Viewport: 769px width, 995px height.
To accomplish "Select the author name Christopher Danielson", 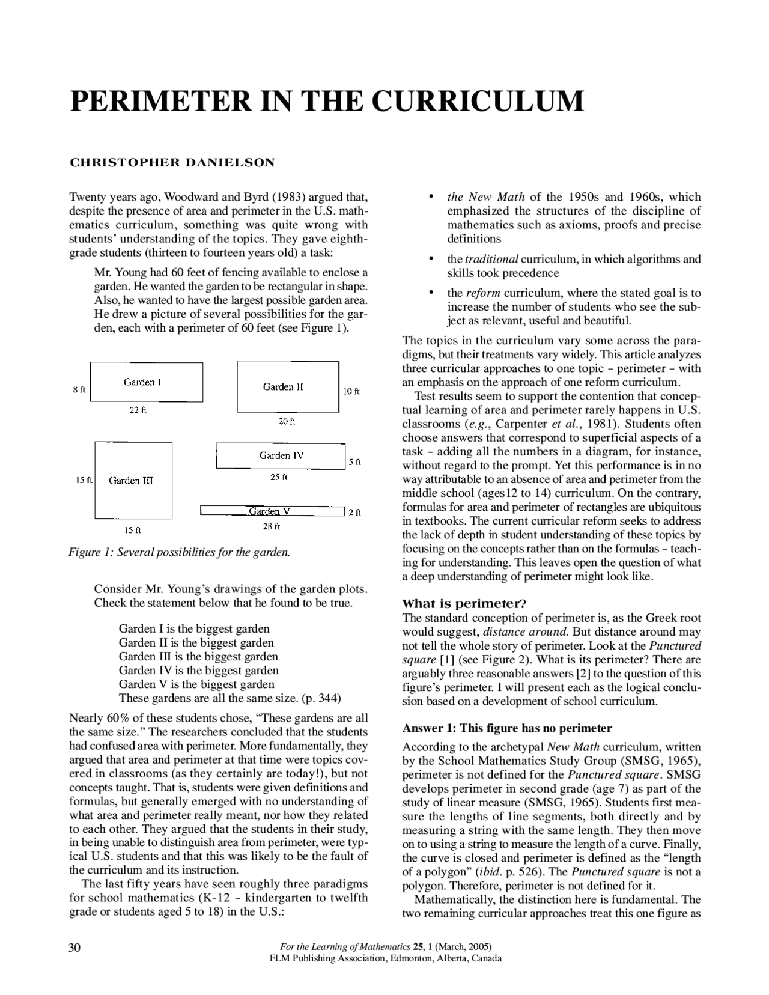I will coord(172,162).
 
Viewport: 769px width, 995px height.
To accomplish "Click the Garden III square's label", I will coord(131,481).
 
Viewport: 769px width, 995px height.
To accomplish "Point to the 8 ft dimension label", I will coord(79,390).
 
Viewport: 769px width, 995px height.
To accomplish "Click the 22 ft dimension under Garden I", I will coord(138,410).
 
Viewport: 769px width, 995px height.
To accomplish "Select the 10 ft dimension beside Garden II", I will coord(351,391).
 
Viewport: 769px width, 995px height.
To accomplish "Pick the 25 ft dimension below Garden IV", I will coord(279,477).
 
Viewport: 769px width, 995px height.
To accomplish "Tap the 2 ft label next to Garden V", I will coord(354,513).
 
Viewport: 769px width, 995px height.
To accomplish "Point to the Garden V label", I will coord(270,511).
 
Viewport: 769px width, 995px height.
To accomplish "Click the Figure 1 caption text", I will coord(180,552).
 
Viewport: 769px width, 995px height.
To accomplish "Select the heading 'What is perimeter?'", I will coord(464,604).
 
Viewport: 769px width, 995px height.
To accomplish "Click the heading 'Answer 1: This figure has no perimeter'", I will coord(506,728).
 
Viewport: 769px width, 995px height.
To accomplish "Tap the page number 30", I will coord(74,948).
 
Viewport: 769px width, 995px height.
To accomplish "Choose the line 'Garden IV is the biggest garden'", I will coord(198,670).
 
